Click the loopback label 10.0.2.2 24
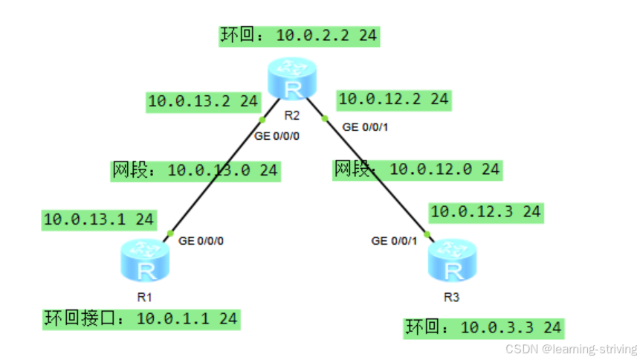tap(300, 36)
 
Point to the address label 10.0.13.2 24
tap(203, 102)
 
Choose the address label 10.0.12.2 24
tap(393, 99)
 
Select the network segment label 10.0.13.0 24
tap(195, 170)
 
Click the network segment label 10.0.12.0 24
tap(416, 170)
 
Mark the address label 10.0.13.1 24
tap(99, 219)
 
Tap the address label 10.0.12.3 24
tap(485, 211)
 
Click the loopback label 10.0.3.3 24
tap(483, 327)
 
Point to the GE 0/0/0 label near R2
tap(277, 136)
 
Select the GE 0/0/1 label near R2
tap(365, 127)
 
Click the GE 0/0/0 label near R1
tap(201, 241)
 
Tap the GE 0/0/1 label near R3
tap(394, 241)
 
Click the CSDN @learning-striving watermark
tap(571, 348)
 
